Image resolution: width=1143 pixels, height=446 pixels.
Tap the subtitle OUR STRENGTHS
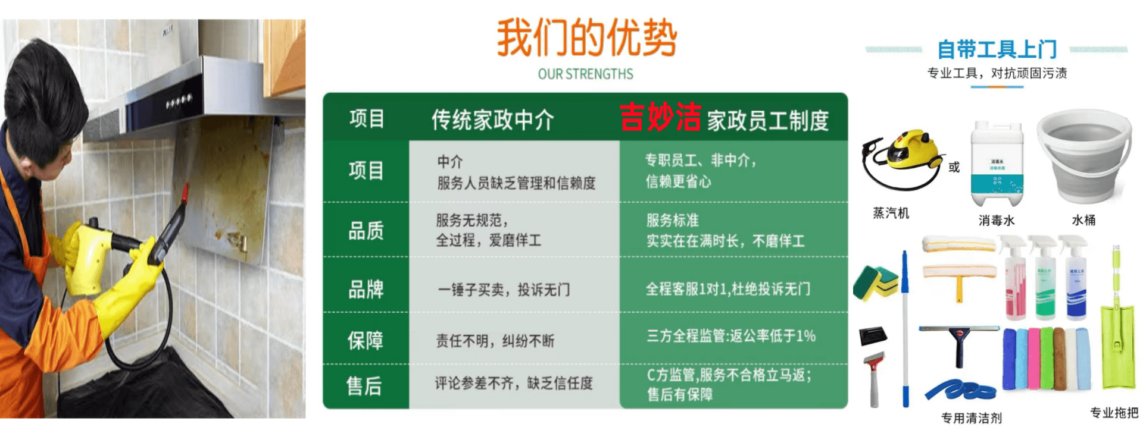[x=585, y=74]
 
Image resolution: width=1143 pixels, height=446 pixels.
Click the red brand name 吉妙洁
[x=660, y=117]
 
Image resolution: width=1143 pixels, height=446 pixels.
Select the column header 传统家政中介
[x=492, y=120]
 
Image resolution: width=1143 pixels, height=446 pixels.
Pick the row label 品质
[x=366, y=231]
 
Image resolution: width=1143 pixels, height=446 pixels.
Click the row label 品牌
[x=366, y=290]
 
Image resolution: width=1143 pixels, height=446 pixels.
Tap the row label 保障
[x=366, y=341]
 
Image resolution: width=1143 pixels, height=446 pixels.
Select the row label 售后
[x=364, y=386]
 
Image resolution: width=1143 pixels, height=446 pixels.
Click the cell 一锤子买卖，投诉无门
[x=504, y=290]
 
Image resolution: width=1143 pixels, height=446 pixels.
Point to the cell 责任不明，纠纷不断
[x=495, y=341]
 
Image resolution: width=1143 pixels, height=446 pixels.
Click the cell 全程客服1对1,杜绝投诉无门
[x=728, y=289]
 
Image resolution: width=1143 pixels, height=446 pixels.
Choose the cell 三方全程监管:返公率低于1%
[x=731, y=336]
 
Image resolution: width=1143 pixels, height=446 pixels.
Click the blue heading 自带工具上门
[x=997, y=49]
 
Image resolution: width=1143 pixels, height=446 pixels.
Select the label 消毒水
[x=997, y=221]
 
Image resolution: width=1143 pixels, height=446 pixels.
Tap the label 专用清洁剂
[x=971, y=418]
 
